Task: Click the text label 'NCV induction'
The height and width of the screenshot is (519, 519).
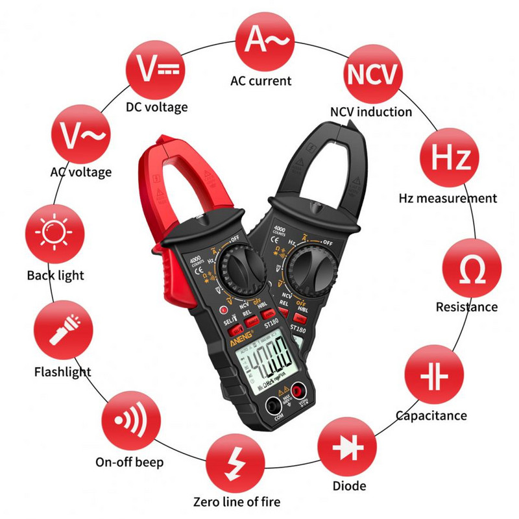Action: tap(370, 112)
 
